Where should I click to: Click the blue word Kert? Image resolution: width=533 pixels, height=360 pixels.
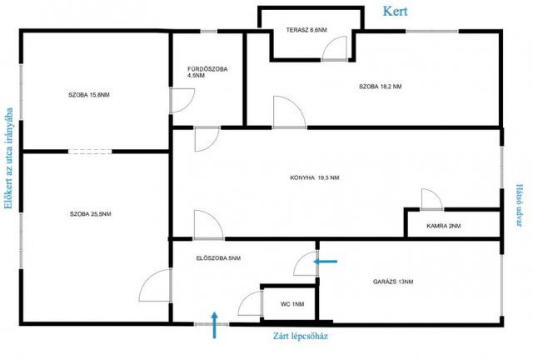pos(395,11)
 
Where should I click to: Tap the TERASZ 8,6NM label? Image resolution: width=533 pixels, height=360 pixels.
pos(306,30)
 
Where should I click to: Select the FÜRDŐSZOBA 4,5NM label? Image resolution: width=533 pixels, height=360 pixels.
pos(207,72)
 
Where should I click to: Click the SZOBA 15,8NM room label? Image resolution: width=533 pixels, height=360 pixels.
pos(89,95)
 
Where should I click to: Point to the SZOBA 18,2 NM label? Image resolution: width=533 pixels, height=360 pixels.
pos(380,87)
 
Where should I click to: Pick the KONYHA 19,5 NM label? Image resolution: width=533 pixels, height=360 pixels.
pos(315,177)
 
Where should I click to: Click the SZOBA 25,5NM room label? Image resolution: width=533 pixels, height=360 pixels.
pos(91,214)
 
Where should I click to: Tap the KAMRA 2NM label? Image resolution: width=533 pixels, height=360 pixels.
pos(444,226)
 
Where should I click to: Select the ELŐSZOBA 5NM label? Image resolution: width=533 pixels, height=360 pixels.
pos(218,258)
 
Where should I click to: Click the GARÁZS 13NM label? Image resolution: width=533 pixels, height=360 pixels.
pos(393,282)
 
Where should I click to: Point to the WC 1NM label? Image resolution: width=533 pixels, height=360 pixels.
pos(292,304)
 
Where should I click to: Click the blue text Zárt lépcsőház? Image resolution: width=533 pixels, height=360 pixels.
pos(301,336)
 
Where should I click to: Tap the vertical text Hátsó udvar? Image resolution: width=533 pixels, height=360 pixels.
pos(520,206)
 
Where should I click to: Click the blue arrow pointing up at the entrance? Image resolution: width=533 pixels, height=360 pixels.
pos(214,325)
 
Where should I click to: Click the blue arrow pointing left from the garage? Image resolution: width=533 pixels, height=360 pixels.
pos(326,262)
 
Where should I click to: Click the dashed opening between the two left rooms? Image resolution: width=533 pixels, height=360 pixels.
pos(90,152)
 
